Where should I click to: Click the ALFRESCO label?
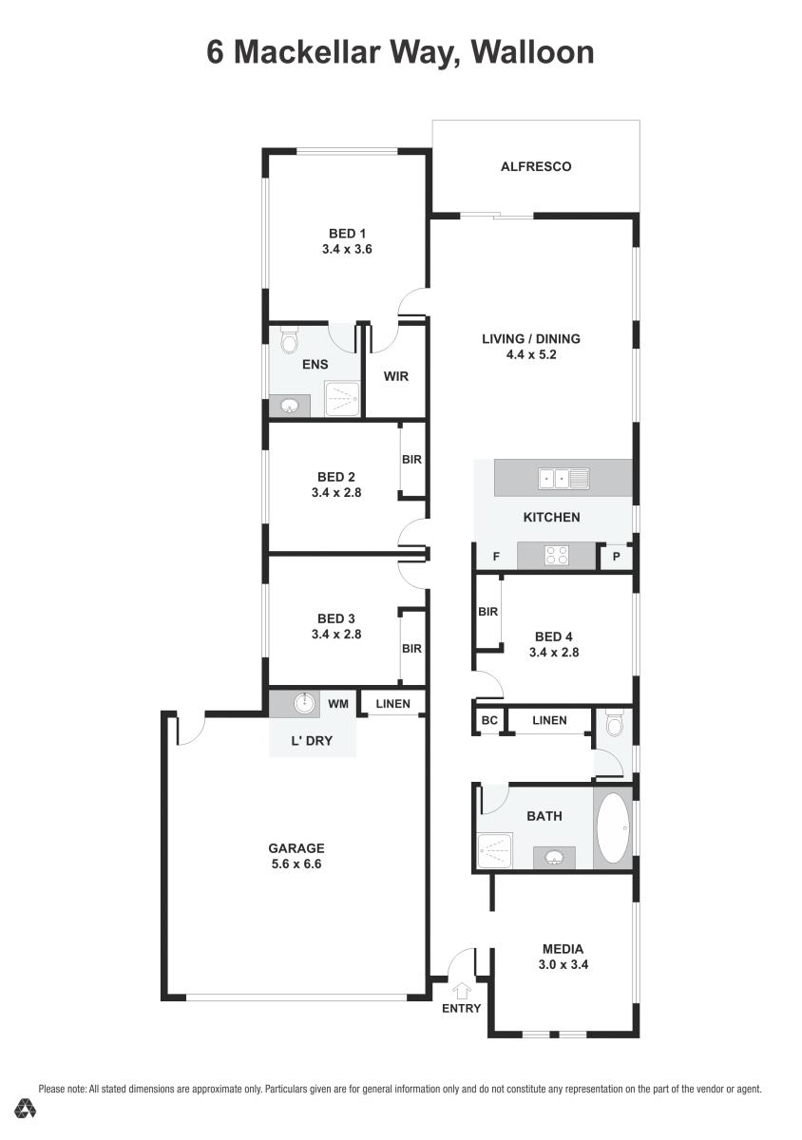coord(536,167)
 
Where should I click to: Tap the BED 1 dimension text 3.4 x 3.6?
coord(347,250)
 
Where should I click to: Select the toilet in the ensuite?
coord(290,341)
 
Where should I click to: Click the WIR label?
coord(396,376)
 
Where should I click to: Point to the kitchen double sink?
coord(563,478)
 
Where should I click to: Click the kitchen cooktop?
coord(557,556)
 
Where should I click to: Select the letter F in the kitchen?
coord(495,558)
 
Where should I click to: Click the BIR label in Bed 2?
coord(411,460)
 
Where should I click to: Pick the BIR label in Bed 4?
coord(488,612)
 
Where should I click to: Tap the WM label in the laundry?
coord(338,704)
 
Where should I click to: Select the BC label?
coord(489,721)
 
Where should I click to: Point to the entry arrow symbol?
coord(462,990)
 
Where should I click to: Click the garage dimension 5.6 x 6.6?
coord(296,864)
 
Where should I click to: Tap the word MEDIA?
coord(563,948)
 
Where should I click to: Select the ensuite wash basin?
coord(290,407)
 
